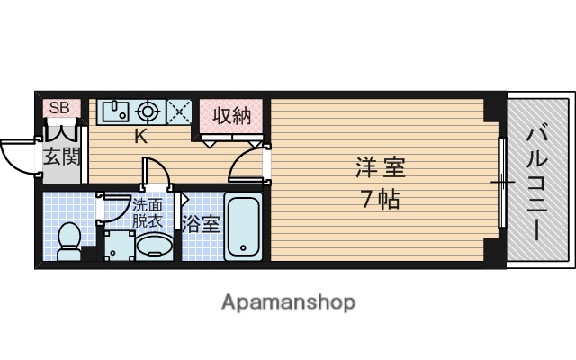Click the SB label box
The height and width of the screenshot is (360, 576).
[x=59, y=108]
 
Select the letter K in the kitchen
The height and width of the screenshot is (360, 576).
[x=141, y=137]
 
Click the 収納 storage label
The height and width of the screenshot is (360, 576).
[x=231, y=115]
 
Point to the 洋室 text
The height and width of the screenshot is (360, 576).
[x=380, y=168]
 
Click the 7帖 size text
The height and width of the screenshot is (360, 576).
[x=380, y=199]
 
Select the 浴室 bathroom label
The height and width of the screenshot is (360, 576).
[x=202, y=224]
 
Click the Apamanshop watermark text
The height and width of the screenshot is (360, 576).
[x=288, y=301]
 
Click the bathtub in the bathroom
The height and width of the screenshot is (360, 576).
[x=242, y=226]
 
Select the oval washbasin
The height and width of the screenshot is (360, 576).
[x=154, y=246]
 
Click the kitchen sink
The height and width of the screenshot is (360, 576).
[x=115, y=111]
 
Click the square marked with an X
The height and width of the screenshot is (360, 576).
[x=179, y=112]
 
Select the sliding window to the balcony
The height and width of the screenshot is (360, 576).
[x=500, y=184]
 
